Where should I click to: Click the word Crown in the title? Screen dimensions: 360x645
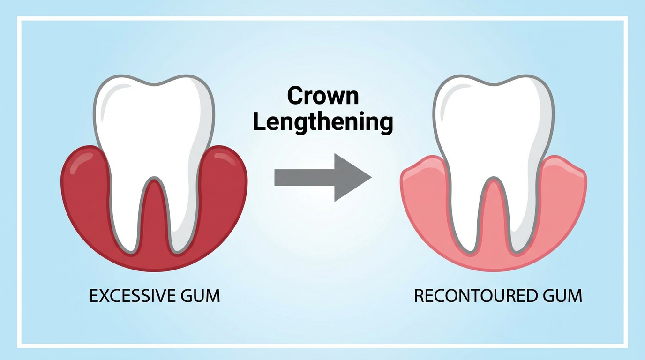[x=323, y=96]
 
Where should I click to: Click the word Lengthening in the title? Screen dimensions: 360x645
[x=323, y=122]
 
